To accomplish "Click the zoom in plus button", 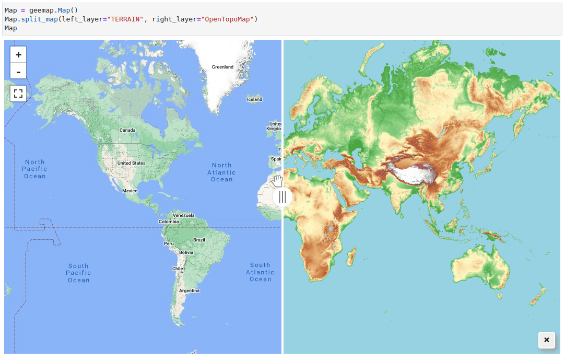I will tap(18, 54).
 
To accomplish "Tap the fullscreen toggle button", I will tap(18, 94).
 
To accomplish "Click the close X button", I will tap(546, 340).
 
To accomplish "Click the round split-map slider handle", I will tap(282, 197).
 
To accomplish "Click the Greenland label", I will tap(222, 67).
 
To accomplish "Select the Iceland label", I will tap(254, 99).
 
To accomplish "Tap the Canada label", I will tap(127, 130).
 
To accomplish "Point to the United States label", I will tap(132, 163).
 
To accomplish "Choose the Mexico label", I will tap(130, 191).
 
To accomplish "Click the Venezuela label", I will tap(183, 215).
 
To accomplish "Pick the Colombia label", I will tap(169, 222).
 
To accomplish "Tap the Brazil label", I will tap(199, 240).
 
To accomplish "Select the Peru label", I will tap(169, 243).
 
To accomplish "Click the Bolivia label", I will tap(186, 252).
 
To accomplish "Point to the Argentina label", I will tap(189, 291).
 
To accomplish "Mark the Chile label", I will tap(178, 269).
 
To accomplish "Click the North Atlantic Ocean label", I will tap(221, 172).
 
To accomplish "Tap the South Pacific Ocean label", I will tap(78, 273).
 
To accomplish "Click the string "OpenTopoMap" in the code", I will tap(229, 19).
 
